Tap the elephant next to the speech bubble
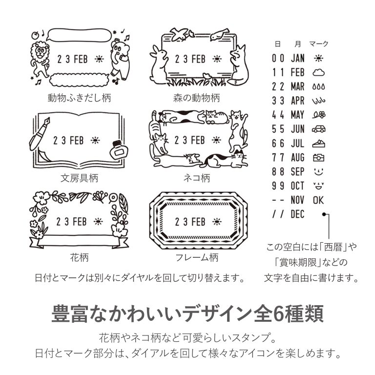point(120,59)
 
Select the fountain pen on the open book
point(40,134)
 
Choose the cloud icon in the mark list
point(318,72)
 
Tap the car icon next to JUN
point(318,129)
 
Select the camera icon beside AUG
point(318,158)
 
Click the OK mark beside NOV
point(318,200)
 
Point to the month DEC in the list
point(297,214)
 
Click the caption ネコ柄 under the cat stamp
point(197,178)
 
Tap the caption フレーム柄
point(197,258)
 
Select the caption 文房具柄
point(79,178)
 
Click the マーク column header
point(319,44)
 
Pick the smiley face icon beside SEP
point(318,171)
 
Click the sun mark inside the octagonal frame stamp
point(217,222)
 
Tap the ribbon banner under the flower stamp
point(79,242)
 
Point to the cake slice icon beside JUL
point(318,144)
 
